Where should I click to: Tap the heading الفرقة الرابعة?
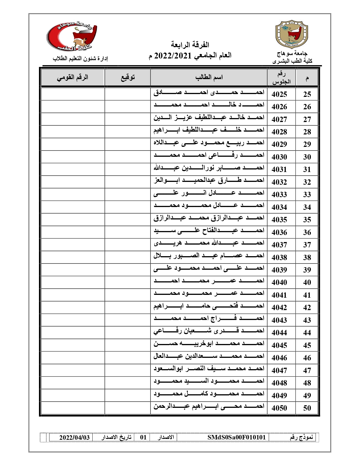click(x=190, y=45)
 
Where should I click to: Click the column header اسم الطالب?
click(x=209, y=77)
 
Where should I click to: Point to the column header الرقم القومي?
click(x=73, y=77)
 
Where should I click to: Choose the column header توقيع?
click(x=128, y=77)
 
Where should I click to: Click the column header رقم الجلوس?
click(x=281, y=78)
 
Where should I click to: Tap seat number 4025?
click(x=279, y=94)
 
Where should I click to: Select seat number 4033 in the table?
click(x=279, y=195)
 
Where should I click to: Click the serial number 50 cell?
click(x=307, y=408)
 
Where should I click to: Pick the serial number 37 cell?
click(x=307, y=245)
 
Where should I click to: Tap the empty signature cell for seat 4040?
click(x=128, y=282)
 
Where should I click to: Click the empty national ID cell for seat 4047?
click(x=73, y=370)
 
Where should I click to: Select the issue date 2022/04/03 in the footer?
click(x=75, y=437)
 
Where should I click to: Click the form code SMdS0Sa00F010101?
click(x=237, y=437)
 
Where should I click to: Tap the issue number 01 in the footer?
click(x=143, y=437)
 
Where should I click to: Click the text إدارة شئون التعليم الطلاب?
click(x=81, y=58)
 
